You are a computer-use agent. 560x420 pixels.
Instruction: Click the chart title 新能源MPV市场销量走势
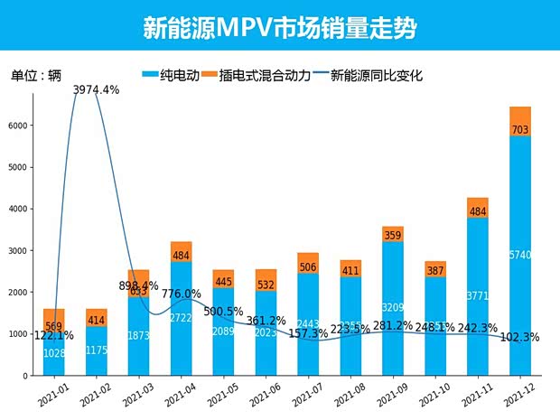pyautogui.click(x=280, y=27)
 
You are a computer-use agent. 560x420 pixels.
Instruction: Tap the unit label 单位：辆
pyautogui.click(x=37, y=76)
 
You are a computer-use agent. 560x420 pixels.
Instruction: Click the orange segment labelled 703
pyautogui.click(x=520, y=122)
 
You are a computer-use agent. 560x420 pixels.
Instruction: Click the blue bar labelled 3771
pyautogui.click(x=477, y=296)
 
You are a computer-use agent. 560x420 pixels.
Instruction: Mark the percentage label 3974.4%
pyautogui.click(x=95, y=89)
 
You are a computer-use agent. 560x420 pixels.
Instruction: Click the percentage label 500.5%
pyautogui.click(x=224, y=312)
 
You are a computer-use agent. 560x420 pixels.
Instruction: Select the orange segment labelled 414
pyautogui.click(x=97, y=318)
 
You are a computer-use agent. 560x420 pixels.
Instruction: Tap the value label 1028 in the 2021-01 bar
pyautogui.click(x=54, y=354)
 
